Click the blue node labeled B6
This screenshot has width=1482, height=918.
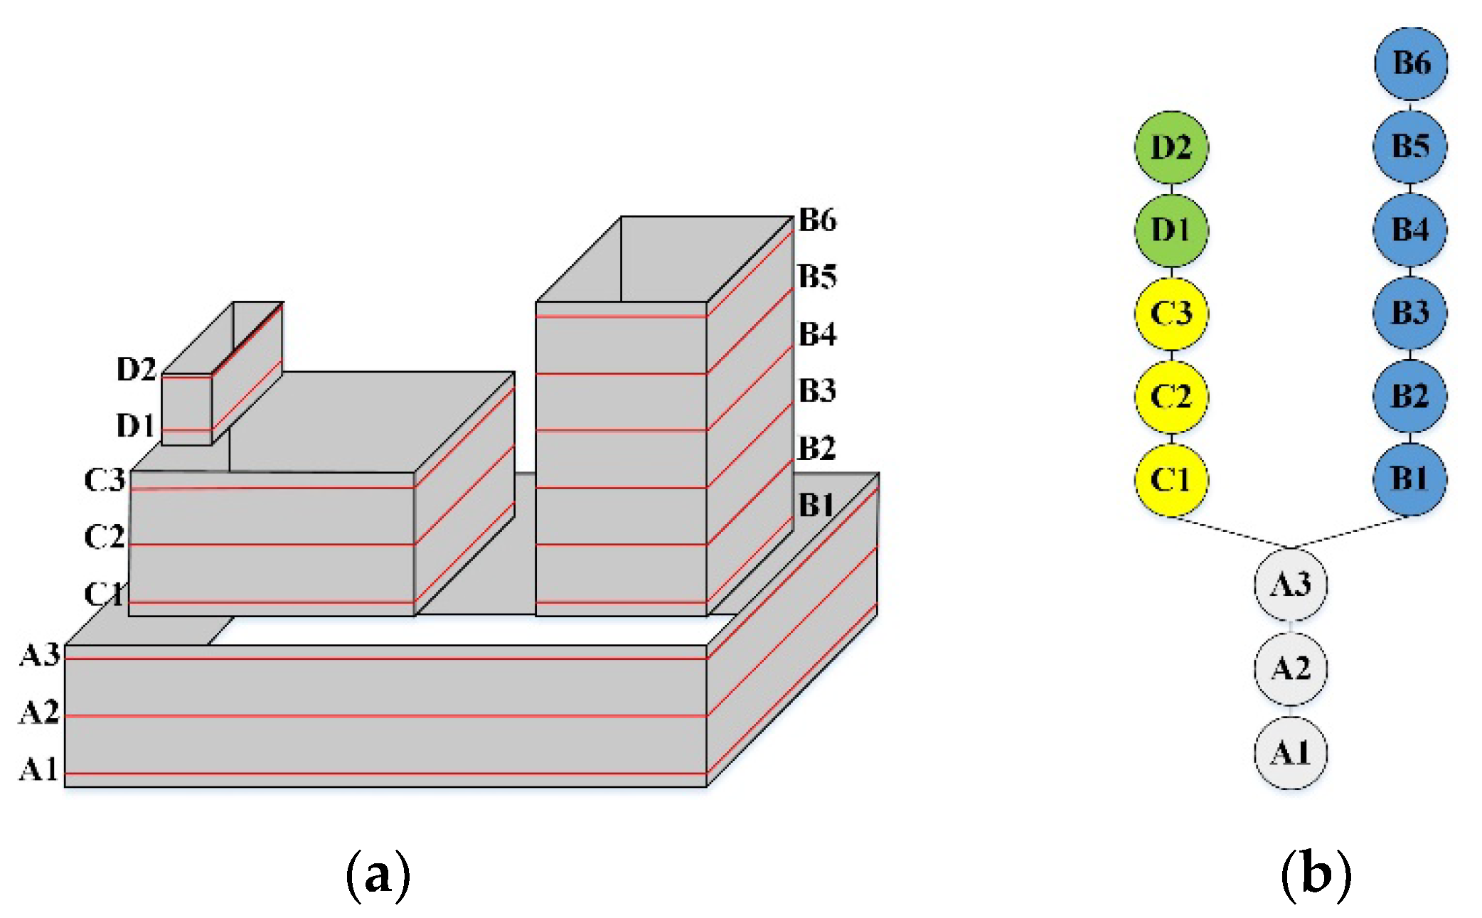point(1411,63)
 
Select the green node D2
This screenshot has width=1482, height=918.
point(1171,147)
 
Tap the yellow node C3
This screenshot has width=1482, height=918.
point(1171,314)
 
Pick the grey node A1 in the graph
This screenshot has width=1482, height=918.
point(1290,752)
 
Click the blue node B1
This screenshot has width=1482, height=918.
point(1409,479)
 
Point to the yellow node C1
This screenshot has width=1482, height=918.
point(1171,479)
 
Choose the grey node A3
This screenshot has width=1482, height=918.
point(1290,585)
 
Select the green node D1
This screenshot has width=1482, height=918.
point(1171,230)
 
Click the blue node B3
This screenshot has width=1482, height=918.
point(1409,313)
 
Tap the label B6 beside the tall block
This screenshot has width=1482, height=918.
point(817,220)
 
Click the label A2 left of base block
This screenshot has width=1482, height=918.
point(39,712)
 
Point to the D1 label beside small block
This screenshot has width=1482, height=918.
point(135,425)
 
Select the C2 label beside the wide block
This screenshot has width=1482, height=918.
point(104,536)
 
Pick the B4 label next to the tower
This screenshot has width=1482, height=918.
point(817,334)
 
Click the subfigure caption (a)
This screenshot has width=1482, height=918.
point(378,875)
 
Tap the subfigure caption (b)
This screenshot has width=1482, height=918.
point(1315,875)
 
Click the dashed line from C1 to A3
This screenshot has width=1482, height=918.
point(1230,533)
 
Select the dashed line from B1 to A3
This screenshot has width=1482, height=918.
point(1350,532)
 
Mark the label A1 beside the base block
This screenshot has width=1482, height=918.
point(38,769)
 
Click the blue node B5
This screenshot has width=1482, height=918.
point(1409,146)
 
